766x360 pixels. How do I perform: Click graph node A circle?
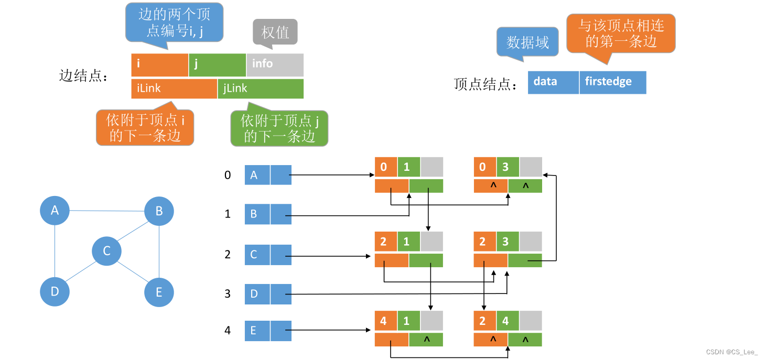tap(55, 211)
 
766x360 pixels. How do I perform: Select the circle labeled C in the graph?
tap(106, 251)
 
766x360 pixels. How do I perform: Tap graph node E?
tap(159, 292)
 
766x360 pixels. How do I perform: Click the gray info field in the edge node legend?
tap(275, 64)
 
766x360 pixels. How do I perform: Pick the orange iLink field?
tap(174, 89)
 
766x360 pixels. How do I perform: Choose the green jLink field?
tap(261, 89)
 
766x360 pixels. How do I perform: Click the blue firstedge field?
tap(612, 82)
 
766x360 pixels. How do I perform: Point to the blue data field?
tap(553, 82)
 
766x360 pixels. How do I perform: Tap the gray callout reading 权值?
tap(275, 32)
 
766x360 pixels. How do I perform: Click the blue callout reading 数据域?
tap(527, 42)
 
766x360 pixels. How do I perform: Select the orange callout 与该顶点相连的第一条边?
tap(621, 34)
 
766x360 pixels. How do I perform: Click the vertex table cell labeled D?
tap(257, 294)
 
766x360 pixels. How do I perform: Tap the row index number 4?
tap(228, 331)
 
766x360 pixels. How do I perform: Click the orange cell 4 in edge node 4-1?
tap(385, 321)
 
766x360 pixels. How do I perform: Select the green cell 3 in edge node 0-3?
tap(508, 167)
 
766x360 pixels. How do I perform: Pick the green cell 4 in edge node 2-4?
tap(508, 321)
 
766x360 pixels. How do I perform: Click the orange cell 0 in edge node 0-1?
tap(385, 167)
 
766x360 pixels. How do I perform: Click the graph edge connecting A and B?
tap(107, 211)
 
